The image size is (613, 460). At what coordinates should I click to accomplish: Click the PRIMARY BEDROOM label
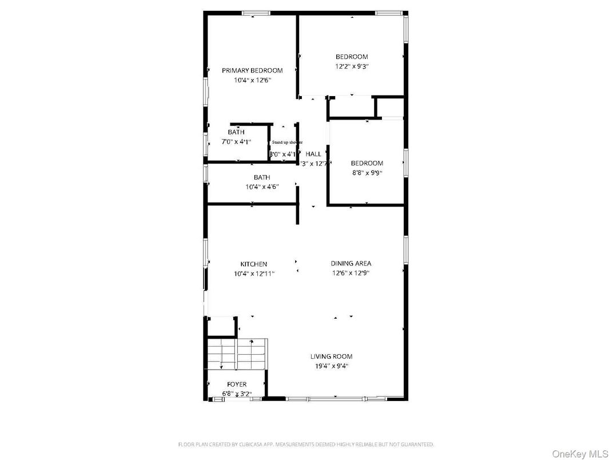(x=252, y=70)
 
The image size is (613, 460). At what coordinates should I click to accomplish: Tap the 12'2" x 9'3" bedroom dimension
(x=352, y=66)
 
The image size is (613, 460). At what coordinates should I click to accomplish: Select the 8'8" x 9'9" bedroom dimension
(x=367, y=173)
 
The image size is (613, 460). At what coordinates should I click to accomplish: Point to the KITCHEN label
(x=253, y=264)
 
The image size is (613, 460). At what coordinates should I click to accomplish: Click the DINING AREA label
(x=351, y=264)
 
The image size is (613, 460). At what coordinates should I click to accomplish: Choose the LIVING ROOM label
(x=331, y=356)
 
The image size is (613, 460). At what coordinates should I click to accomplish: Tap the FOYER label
(x=237, y=384)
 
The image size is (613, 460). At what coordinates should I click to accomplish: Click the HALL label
(x=313, y=154)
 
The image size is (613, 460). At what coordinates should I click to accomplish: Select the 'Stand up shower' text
(x=287, y=142)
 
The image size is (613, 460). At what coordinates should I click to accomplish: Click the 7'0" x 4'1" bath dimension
(x=236, y=141)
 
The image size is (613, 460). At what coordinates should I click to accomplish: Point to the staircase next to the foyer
(x=237, y=354)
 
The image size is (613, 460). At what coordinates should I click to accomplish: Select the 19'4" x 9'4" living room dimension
(x=331, y=366)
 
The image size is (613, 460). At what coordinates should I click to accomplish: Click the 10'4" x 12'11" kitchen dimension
(x=254, y=273)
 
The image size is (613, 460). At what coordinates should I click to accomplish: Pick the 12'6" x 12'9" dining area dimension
(x=351, y=273)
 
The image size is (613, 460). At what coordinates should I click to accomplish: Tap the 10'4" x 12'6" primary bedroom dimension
(x=252, y=80)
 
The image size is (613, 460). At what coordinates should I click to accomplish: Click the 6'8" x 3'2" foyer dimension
(x=237, y=394)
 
